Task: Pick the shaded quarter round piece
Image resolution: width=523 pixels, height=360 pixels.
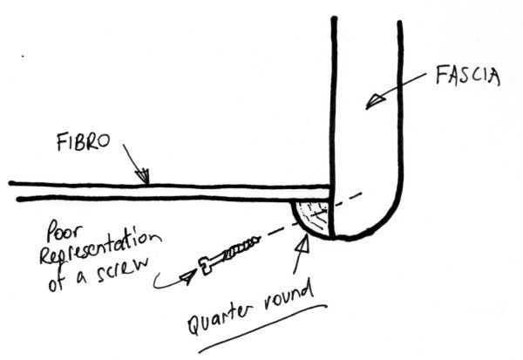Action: point(312,215)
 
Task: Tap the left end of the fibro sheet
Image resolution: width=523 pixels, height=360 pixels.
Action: point(13,190)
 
